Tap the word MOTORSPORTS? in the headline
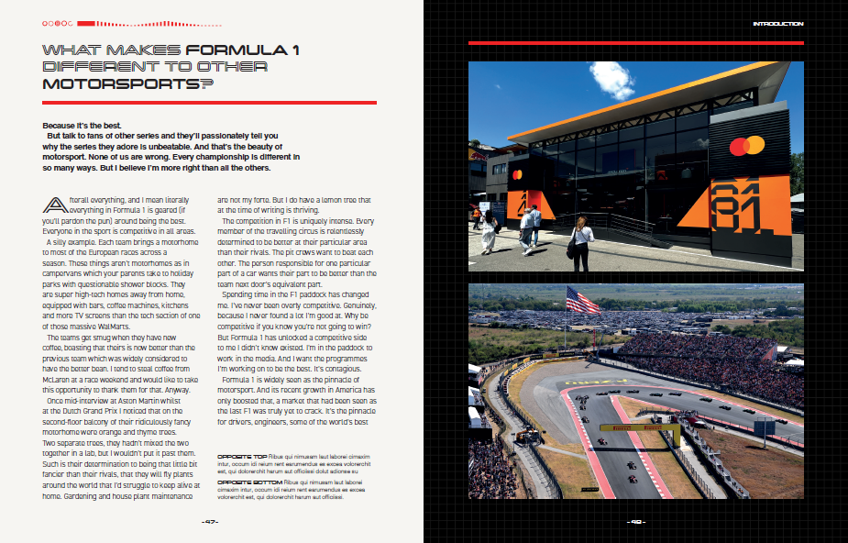click(127, 83)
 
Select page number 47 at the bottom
click(211, 522)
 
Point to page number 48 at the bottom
click(636, 522)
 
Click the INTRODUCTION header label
click(777, 23)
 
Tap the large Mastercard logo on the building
click(746, 146)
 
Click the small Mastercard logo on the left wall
click(517, 174)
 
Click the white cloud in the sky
click(612, 79)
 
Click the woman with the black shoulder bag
click(579, 238)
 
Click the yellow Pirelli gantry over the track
click(640, 427)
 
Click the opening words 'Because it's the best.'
click(81, 125)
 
